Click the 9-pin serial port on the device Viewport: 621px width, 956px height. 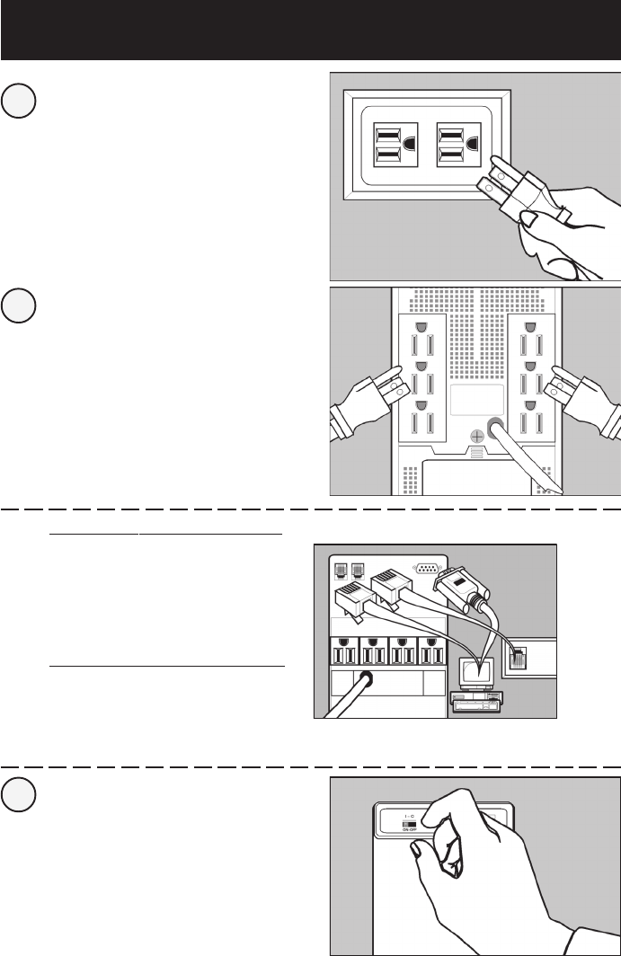[426, 567]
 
